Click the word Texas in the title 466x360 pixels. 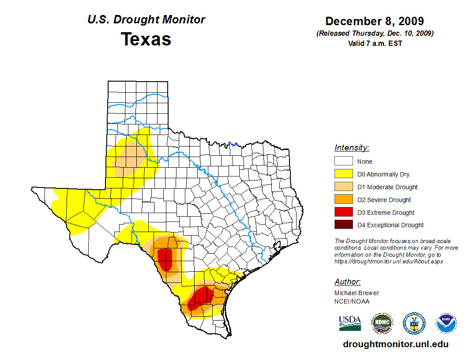coord(146,39)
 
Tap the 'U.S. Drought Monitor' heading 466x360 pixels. coord(146,20)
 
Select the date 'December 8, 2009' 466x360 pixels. coord(375,21)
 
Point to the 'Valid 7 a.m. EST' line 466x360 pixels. coord(375,43)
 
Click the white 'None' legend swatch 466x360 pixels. coord(343,161)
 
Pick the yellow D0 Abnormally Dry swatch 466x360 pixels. coord(343,174)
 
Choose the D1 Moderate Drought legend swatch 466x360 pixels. coord(343,187)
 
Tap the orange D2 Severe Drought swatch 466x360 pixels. coord(343,200)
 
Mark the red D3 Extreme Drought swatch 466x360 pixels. coord(343,213)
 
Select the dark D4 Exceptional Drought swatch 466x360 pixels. coord(343,225)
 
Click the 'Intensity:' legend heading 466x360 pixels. coord(352,148)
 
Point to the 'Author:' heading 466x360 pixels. coord(347,282)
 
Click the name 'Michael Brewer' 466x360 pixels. coord(357,293)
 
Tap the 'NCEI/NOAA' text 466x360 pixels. coord(352,301)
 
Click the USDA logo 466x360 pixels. coord(350,323)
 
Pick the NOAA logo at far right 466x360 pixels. coord(446,323)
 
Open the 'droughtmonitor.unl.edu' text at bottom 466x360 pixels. coord(396,345)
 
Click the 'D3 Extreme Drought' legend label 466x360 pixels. coord(386,213)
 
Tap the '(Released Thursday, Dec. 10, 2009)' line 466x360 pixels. coord(375,34)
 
